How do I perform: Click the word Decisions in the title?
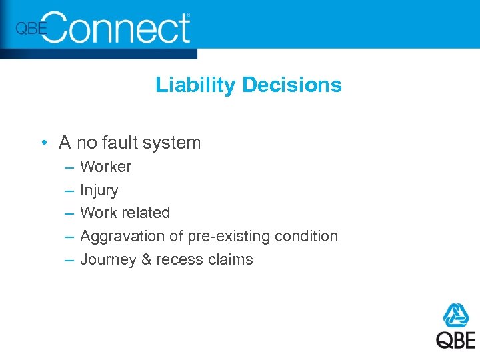pos(291,85)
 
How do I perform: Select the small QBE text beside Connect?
pos(31,29)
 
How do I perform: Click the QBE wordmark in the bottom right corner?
pos(456,339)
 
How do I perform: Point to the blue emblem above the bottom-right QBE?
pos(456,315)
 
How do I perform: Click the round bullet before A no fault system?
pos(43,143)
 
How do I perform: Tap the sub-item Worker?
pos(105,167)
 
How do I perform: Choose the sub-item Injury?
pos(99,190)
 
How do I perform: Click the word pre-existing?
pos(217,236)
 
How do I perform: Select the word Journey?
pos(108,259)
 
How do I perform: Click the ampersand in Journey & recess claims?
pos(147,259)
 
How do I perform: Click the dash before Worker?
pos(68,167)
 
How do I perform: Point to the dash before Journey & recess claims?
pos(68,259)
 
